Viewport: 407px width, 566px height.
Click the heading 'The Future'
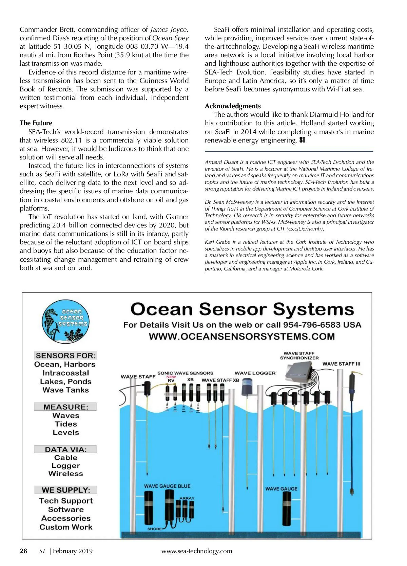(x=36, y=123)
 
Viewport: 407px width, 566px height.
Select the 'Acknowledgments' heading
(x=233, y=106)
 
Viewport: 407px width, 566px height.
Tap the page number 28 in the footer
(x=23, y=551)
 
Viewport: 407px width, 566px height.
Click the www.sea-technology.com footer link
(x=197, y=551)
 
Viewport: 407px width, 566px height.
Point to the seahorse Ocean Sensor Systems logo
(x=65, y=322)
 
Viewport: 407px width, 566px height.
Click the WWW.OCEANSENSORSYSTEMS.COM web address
(x=242, y=336)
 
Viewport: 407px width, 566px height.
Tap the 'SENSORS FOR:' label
(x=66, y=355)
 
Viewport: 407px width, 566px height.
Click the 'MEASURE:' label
(x=66, y=407)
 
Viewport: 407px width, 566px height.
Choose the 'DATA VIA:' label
(x=66, y=450)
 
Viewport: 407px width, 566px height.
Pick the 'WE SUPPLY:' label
(x=66, y=490)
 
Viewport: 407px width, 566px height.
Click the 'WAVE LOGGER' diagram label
(x=255, y=373)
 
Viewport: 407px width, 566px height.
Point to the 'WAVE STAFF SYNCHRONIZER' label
(x=299, y=355)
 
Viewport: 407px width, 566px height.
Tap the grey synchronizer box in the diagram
(x=299, y=369)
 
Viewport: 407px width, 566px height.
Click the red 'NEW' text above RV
(x=171, y=377)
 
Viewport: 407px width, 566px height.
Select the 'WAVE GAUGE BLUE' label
(x=167, y=486)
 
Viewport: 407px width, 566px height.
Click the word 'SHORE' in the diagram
(x=154, y=529)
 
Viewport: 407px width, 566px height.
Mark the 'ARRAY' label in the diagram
(x=187, y=498)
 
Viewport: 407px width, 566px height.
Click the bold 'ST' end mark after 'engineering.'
(x=302, y=140)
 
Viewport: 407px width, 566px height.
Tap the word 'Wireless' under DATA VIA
(x=66, y=474)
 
